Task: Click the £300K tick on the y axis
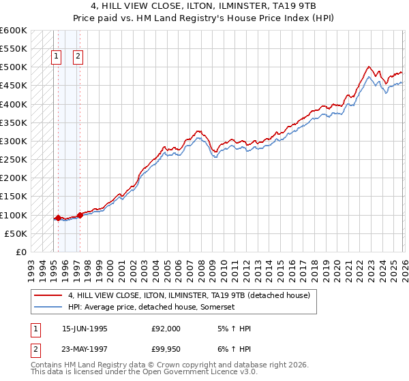click(x=14, y=142)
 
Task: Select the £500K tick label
click(x=14, y=67)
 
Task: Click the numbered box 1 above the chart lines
click(x=56, y=57)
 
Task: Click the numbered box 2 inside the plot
click(x=78, y=57)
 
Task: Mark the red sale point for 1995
click(x=58, y=218)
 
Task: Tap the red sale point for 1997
click(x=80, y=215)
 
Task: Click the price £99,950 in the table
click(x=166, y=350)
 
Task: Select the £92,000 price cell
click(x=166, y=329)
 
